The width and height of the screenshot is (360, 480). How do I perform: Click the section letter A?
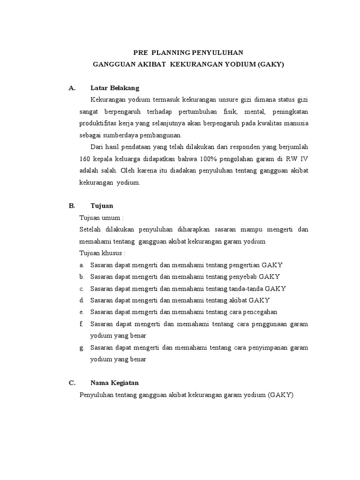[x=72, y=88]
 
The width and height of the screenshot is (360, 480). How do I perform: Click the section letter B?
[x=72, y=206]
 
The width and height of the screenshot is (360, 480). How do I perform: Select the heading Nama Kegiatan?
[x=114, y=383]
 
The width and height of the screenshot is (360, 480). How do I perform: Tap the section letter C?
[x=72, y=383]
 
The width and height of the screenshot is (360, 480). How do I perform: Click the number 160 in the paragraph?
[x=86, y=159]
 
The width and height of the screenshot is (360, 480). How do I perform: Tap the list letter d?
[x=82, y=300]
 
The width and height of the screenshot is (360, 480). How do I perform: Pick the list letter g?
[x=82, y=348]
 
